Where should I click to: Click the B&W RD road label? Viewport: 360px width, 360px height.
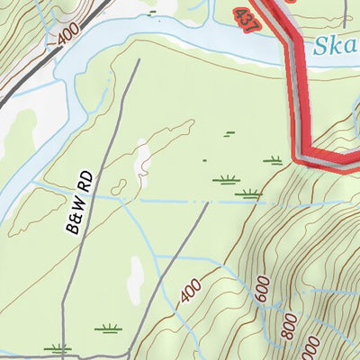80,202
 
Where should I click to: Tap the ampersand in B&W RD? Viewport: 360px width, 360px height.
78,212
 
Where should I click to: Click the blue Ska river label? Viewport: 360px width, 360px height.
337,46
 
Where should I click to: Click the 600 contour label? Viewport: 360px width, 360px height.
263,290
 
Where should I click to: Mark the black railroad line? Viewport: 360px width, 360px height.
54,58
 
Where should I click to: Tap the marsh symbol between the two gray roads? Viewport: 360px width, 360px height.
108,328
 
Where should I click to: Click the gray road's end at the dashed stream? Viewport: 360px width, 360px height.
208,202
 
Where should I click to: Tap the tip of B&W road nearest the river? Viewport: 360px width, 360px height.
139,61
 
